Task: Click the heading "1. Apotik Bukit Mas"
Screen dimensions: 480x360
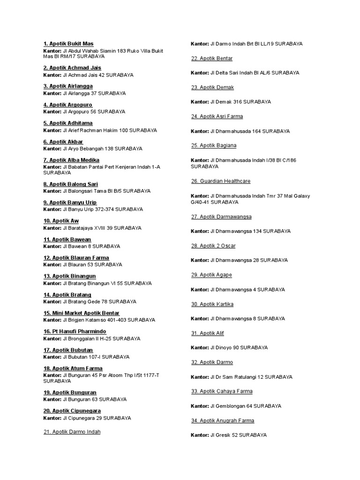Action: (x=68, y=44)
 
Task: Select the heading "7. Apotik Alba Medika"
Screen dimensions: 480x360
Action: (x=71, y=160)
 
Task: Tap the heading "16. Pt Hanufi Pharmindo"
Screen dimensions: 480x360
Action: (x=75, y=331)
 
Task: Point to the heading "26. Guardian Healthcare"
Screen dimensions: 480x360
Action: (x=221, y=181)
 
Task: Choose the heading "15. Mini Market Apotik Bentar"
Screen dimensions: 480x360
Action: (x=82, y=313)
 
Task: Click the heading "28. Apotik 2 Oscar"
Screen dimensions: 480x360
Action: (x=213, y=246)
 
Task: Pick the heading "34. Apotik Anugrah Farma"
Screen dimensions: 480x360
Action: (x=223, y=420)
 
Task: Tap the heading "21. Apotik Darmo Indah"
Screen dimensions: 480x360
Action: (x=72, y=432)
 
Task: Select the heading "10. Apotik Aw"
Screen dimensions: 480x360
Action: (x=61, y=221)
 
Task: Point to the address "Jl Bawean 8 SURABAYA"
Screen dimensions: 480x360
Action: (x=91, y=246)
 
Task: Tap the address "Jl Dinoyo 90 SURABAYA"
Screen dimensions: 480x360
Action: (x=239, y=347)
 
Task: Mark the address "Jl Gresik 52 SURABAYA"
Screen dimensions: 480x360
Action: (x=239, y=435)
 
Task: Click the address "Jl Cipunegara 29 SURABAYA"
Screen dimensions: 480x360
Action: (x=97, y=418)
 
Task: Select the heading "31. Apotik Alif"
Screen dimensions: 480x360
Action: (x=208, y=333)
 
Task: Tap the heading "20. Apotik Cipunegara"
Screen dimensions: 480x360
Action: (x=72, y=411)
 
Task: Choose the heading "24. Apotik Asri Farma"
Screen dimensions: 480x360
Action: (x=217, y=116)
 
